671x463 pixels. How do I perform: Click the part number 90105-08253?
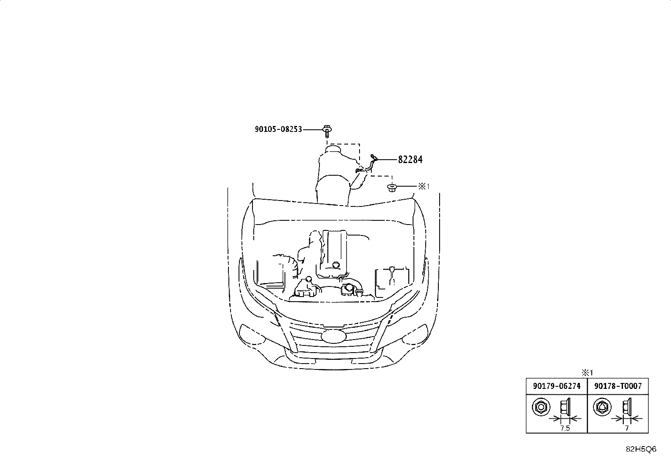[278, 129]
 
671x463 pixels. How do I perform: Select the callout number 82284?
[410, 160]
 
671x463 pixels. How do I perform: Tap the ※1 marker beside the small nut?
[424, 187]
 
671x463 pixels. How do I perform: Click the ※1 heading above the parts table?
[587, 373]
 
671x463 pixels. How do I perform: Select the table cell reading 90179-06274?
[557, 386]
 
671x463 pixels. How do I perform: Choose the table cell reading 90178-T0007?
[618, 386]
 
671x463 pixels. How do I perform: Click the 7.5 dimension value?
[565, 428]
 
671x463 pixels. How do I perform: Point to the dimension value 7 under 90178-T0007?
[627, 428]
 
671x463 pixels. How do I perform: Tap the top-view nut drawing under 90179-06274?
[541, 407]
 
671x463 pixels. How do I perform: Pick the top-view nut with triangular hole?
[602, 407]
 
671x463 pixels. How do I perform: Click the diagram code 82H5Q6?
[641, 449]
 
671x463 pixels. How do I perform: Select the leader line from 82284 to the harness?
[387, 160]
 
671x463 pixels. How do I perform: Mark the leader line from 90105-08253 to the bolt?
[313, 129]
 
